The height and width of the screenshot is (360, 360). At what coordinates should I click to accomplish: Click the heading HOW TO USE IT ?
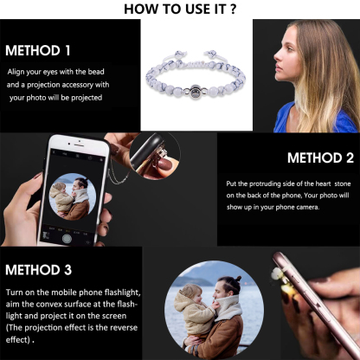(x=180, y=10)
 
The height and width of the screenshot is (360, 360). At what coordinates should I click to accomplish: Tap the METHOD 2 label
(x=320, y=158)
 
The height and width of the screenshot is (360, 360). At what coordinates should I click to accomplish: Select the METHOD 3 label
(x=38, y=270)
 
